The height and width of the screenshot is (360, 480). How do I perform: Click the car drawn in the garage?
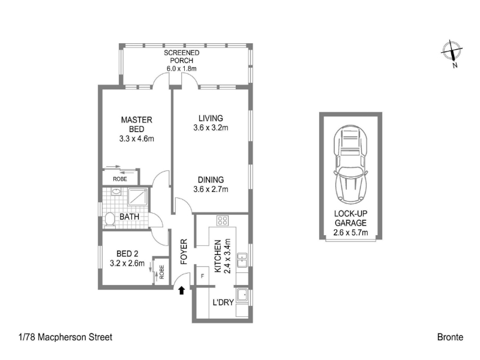click(x=350, y=164)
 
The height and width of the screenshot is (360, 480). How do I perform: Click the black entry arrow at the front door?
click(x=182, y=290)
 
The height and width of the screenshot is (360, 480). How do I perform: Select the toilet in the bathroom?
click(x=109, y=220)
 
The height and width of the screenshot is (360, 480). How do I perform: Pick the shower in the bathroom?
click(x=137, y=197)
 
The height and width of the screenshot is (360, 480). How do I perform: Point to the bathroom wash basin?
click(x=116, y=192)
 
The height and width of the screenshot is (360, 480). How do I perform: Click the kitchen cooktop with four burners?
click(x=222, y=220)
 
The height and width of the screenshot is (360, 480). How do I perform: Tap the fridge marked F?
click(x=202, y=276)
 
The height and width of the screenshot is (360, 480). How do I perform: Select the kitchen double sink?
click(x=242, y=260)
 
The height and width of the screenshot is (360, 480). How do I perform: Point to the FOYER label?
click(x=184, y=252)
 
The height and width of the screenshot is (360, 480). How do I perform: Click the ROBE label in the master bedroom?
click(x=119, y=179)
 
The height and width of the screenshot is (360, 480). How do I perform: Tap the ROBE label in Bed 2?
click(x=161, y=272)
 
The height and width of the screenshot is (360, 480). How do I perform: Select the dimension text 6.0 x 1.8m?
click(x=182, y=68)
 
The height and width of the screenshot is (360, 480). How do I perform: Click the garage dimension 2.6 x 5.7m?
click(x=350, y=232)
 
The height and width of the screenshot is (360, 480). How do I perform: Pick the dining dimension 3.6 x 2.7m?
click(x=211, y=189)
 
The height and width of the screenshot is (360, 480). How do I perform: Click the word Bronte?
click(x=450, y=337)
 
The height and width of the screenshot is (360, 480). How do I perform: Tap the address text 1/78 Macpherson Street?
click(x=65, y=337)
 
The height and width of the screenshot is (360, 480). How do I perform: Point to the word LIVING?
click(x=211, y=118)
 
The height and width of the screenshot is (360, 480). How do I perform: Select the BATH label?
click(x=129, y=217)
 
